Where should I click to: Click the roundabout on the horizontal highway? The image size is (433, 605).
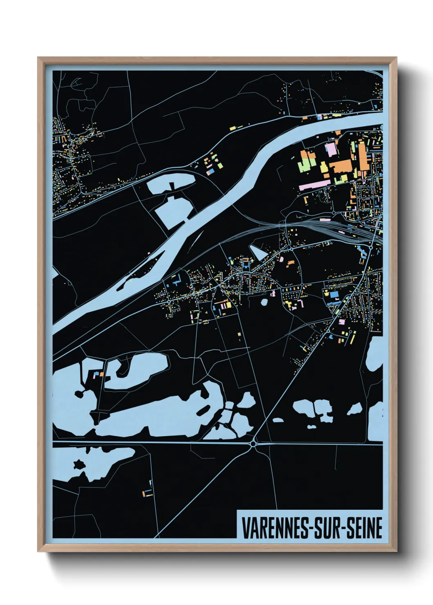(x=253, y=443)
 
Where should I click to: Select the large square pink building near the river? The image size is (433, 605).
(x=331, y=149)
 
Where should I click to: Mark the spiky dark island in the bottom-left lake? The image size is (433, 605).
(x=79, y=464)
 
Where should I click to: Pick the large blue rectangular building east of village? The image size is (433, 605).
(x=334, y=294)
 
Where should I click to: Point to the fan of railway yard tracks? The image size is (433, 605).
(x=327, y=227)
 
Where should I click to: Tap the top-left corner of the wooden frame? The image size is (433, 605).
(x=39, y=58)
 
